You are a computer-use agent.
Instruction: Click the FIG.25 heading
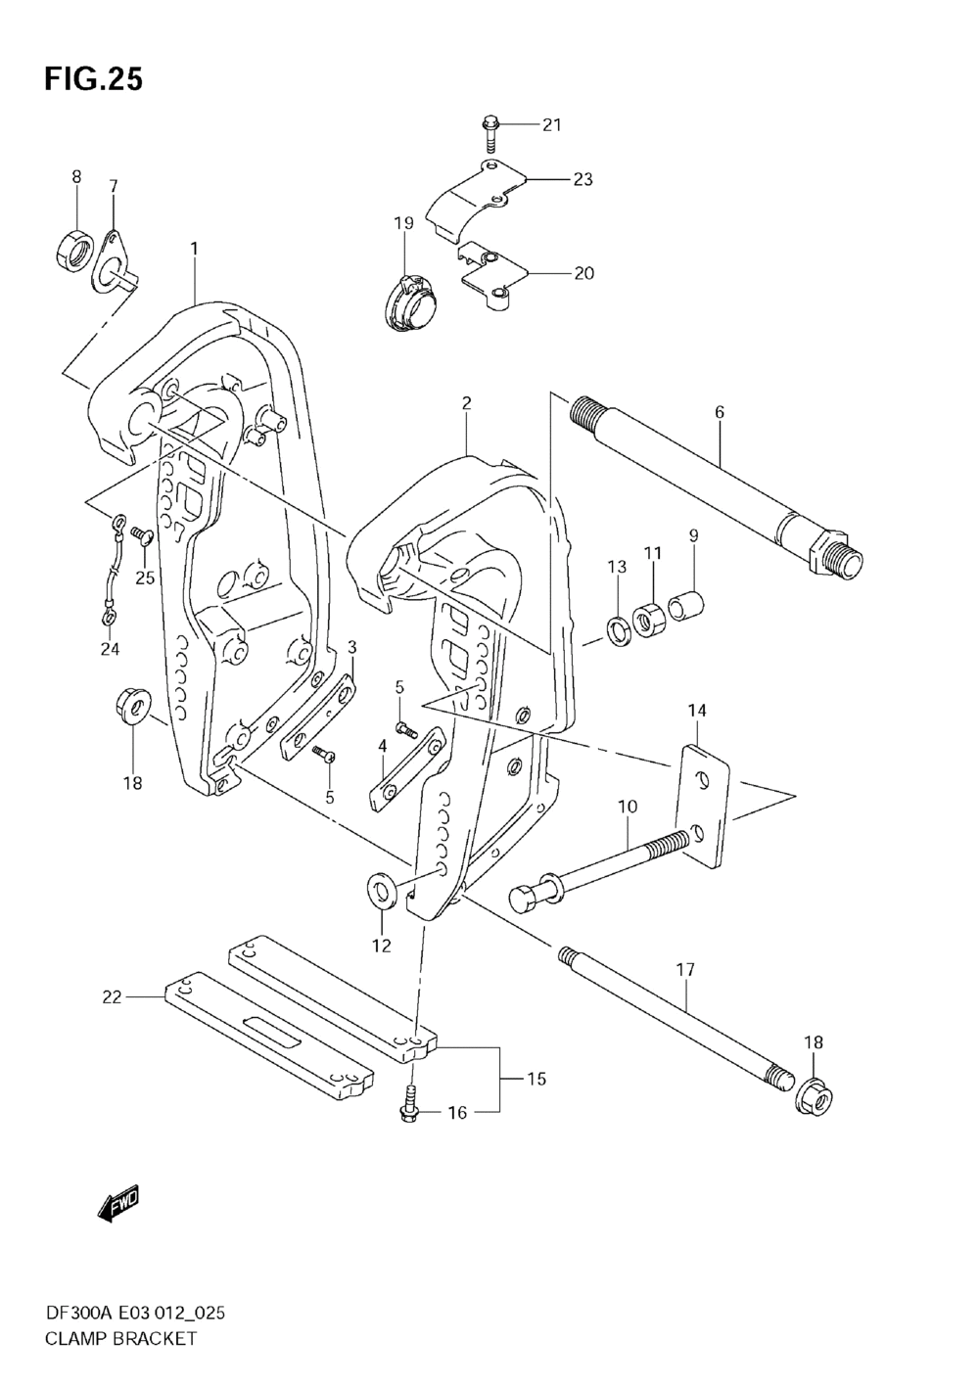pos(93,79)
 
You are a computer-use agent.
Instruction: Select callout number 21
pos(552,124)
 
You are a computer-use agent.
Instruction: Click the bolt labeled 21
pos(490,125)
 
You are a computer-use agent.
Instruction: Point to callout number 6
pos(720,413)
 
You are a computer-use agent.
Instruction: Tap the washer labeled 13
pos(619,631)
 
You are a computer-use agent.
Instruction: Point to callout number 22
pos(112,996)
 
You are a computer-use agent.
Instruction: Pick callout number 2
pos(467,402)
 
